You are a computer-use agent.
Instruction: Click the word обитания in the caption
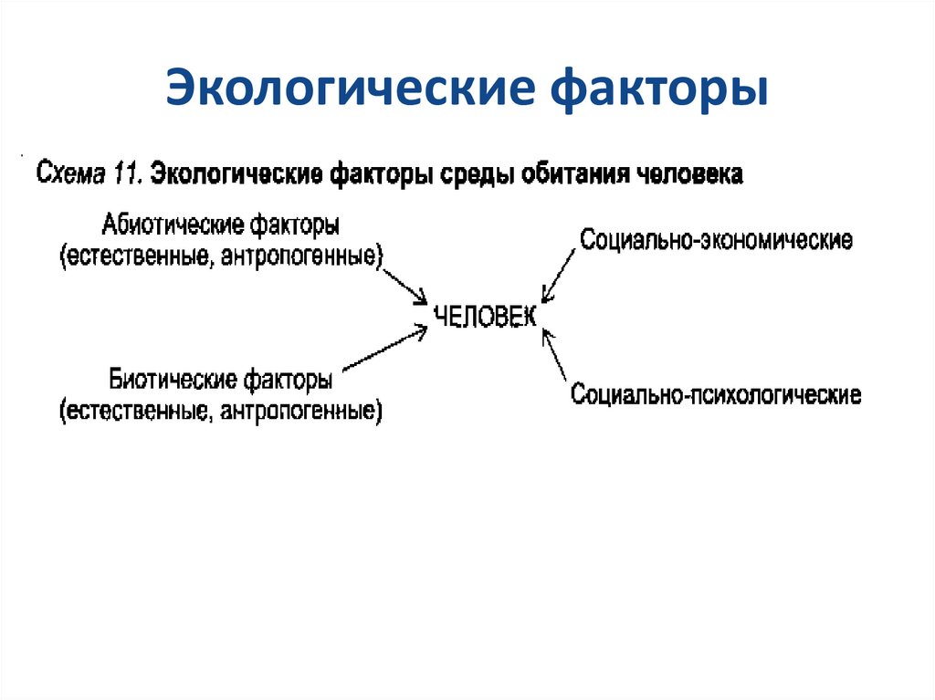click(x=574, y=173)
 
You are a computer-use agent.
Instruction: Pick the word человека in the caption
click(x=692, y=173)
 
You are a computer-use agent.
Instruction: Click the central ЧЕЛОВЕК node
click(x=485, y=316)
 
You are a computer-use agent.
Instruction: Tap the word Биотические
click(x=172, y=379)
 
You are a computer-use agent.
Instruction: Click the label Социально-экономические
click(x=716, y=241)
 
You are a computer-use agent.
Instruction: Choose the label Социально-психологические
click(x=715, y=395)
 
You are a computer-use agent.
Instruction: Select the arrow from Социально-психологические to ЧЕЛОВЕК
click(x=556, y=354)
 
